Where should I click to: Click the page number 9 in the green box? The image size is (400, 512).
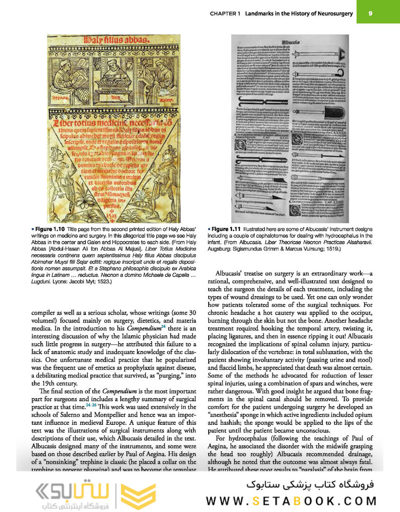pyautogui.click(x=370, y=13)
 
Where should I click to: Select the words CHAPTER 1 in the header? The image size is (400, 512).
pyautogui.click(x=225, y=14)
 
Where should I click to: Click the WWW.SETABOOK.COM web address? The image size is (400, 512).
pyautogui.click(x=291, y=501)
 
